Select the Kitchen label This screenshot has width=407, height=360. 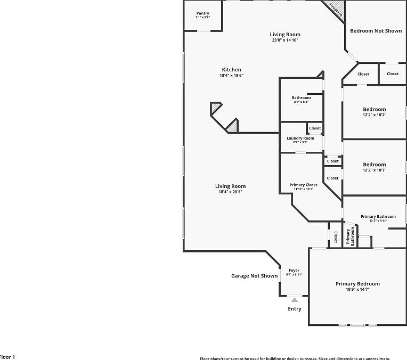click(231, 70)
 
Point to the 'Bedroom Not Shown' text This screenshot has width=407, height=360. click(376, 31)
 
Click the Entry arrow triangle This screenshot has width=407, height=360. click(295, 300)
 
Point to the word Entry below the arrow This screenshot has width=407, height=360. click(295, 309)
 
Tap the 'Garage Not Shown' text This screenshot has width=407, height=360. click(254, 276)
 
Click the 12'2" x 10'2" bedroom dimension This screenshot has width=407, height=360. click(374, 115)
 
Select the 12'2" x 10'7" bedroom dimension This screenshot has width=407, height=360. click(374, 170)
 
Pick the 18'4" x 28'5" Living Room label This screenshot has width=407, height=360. click(230, 192)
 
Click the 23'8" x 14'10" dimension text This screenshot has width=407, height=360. click(285, 40)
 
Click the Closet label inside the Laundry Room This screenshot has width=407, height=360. click(315, 128)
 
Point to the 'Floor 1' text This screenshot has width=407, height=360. click(7, 357)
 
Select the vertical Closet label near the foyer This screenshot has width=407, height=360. click(335, 237)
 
